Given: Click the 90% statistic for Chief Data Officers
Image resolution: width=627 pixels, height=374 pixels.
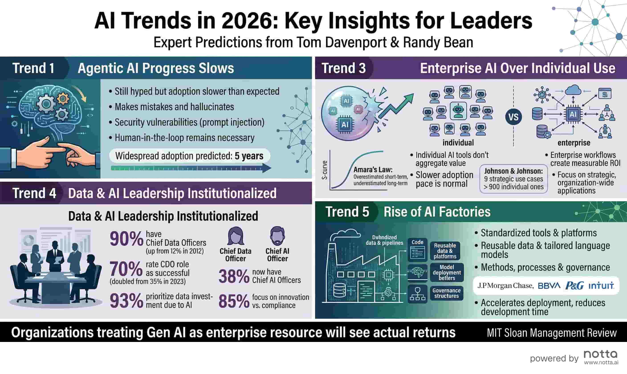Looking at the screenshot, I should point(126,239).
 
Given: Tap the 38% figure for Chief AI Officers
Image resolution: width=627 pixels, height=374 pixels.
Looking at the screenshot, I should point(234,276).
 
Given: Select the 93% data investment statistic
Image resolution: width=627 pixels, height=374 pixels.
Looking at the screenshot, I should point(126,301).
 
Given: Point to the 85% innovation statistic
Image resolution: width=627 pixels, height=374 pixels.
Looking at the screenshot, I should point(234,301).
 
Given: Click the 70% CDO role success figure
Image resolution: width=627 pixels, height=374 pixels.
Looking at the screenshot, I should point(126,269).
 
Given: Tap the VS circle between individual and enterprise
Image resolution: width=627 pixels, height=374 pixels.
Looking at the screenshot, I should point(513,117).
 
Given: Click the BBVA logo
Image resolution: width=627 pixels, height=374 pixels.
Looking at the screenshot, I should point(549,286).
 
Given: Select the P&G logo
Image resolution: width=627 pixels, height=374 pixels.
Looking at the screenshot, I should point(574,286).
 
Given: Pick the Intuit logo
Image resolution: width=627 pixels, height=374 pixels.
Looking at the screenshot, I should point(601,286).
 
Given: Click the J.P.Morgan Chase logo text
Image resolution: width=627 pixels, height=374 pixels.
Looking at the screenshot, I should point(505,286).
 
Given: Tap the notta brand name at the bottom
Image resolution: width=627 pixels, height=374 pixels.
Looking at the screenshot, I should point(601,354).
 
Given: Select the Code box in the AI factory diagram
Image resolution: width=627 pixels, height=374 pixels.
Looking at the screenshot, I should point(417,250).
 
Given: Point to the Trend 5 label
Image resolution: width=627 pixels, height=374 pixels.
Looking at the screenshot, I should point(347,212).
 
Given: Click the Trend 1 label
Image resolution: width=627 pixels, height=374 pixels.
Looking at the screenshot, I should point(34,68).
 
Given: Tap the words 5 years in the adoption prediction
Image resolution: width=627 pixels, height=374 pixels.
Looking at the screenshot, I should point(249,156).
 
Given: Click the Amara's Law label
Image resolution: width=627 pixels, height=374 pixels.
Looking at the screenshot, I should point(373,170).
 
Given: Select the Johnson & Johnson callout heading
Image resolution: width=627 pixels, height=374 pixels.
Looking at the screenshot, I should point(513,171).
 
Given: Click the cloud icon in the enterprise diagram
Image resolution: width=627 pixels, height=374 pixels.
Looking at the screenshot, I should point(573,90).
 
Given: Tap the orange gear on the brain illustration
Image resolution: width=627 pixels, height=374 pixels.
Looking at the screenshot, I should point(63,99).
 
